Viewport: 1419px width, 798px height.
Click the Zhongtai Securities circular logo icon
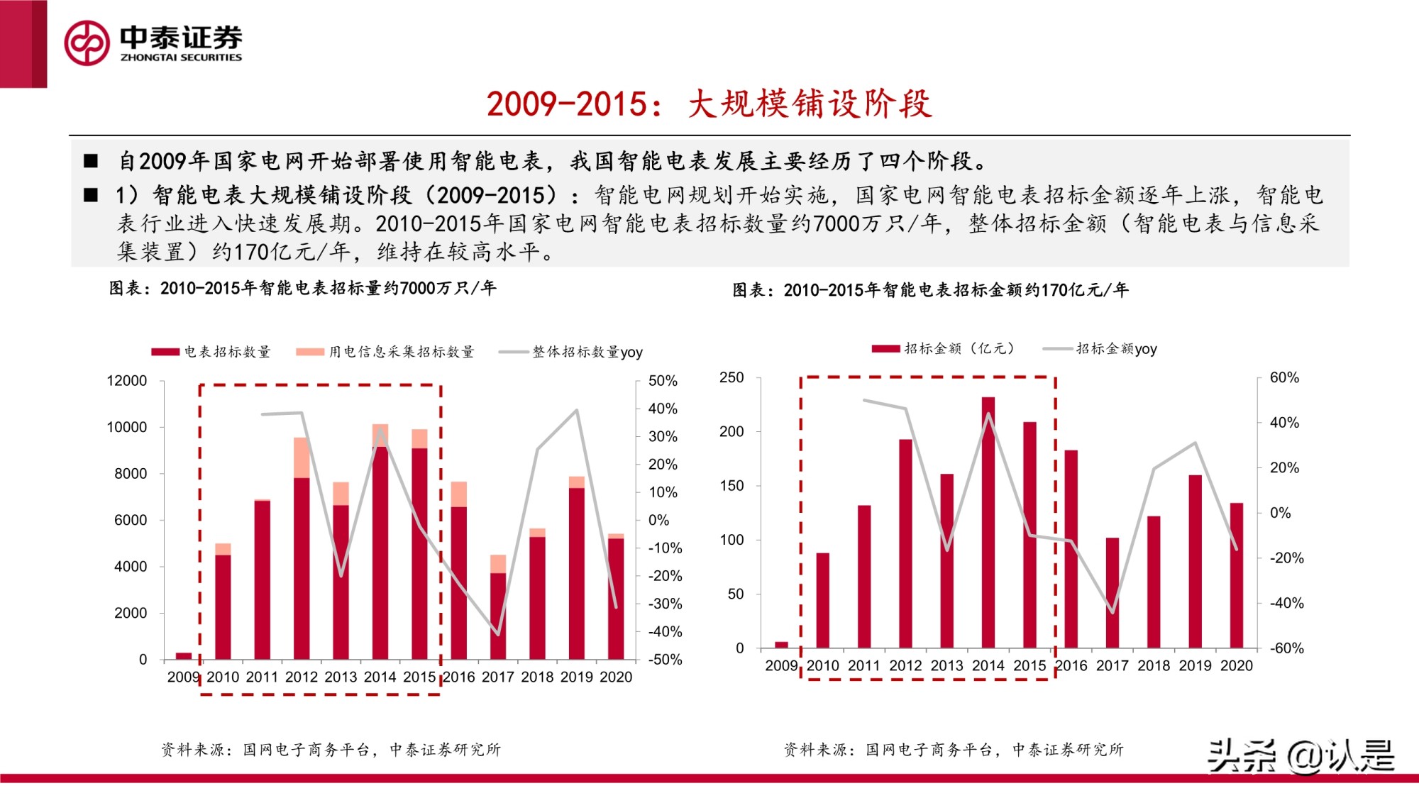[x=87, y=43]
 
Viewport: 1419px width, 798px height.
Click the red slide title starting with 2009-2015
[x=708, y=104]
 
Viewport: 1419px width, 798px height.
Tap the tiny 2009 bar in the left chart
[x=184, y=655]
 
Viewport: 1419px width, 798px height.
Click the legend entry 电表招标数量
[x=211, y=352]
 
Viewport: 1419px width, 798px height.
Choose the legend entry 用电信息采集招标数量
[x=385, y=352]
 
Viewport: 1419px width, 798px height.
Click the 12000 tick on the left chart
[x=126, y=381]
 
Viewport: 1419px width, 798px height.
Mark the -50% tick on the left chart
[x=665, y=660]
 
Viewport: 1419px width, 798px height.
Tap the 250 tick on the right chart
[x=731, y=377]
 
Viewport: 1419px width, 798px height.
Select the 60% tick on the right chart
[x=1284, y=377]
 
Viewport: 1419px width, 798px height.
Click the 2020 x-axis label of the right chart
[x=1236, y=666]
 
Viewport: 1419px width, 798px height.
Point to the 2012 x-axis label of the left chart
[x=301, y=677]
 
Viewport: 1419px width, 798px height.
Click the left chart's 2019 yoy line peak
[x=577, y=410]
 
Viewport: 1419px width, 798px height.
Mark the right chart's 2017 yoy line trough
[x=1112, y=612]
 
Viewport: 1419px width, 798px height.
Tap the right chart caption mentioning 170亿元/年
[x=930, y=290]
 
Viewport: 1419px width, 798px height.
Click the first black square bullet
[x=91, y=161]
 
